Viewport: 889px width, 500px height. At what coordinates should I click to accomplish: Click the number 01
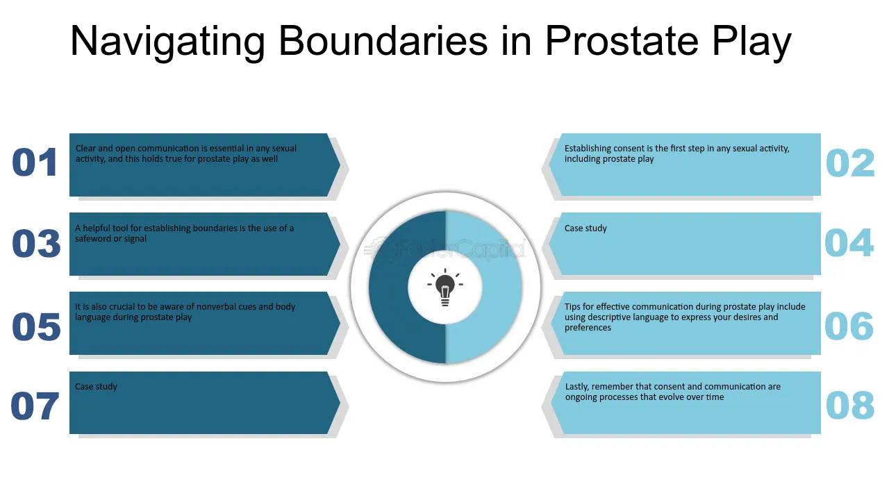(x=35, y=162)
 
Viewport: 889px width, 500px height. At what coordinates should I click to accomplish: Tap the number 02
(x=849, y=162)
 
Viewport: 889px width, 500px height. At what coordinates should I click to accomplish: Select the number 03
(x=36, y=243)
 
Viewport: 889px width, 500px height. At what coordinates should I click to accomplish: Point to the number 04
(x=849, y=242)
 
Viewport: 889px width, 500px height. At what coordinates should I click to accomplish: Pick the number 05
(x=36, y=326)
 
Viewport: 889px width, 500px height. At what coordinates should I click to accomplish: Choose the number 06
(x=849, y=326)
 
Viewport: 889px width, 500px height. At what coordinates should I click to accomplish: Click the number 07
(x=35, y=406)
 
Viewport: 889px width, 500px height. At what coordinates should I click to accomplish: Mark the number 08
(x=849, y=405)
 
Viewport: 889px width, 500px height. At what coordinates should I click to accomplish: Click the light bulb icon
(x=445, y=287)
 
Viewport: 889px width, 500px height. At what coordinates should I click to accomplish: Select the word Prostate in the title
(x=622, y=41)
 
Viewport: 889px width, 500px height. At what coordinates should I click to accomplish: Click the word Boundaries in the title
(x=383, y=41)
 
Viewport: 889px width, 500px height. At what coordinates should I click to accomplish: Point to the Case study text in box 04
(x=585, y=228)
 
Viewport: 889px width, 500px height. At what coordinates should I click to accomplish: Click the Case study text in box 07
(x=96, y=387)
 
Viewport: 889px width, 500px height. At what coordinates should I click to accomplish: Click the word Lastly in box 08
(x=576, y=387)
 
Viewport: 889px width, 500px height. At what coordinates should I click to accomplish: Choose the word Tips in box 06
(x=572, y=307)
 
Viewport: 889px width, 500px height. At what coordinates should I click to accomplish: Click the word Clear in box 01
(x=85, y=149)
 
